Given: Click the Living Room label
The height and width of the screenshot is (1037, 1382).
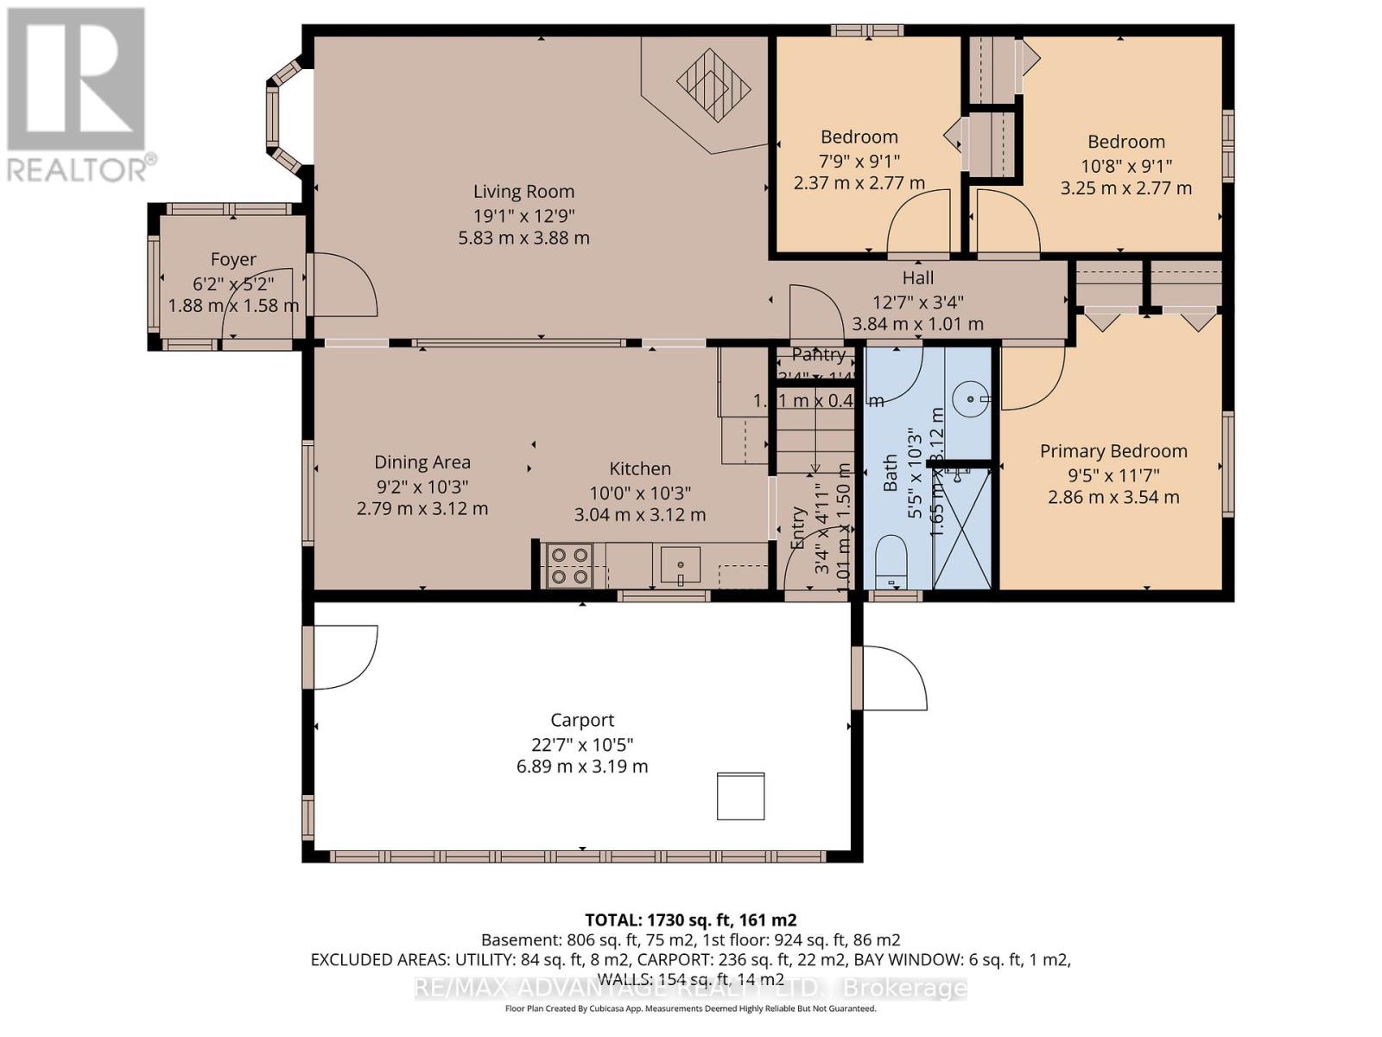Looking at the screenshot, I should click(523, 192).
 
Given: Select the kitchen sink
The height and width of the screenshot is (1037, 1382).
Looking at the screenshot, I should click(681, 565).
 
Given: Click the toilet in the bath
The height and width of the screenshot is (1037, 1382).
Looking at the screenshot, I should click(891, 560).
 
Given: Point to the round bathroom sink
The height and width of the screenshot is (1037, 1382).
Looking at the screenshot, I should click(971, 399).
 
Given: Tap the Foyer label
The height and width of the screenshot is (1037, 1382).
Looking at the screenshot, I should click(233, 259).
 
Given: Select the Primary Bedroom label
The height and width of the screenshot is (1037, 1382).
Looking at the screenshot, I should click(1113, 451).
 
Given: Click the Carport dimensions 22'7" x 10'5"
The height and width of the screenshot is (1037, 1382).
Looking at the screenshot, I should click(582, 744).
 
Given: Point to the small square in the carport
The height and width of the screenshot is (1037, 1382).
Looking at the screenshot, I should click(740, 796).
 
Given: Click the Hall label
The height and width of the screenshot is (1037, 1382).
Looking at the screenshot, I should click(918, 278).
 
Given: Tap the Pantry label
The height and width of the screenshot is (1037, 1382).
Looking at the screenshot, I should click(818, 355).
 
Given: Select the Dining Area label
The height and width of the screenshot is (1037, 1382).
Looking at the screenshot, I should click(422, 463).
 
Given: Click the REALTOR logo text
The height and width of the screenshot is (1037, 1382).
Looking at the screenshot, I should click(81, 169).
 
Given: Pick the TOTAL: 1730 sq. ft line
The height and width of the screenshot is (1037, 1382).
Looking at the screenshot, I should click(691, 920).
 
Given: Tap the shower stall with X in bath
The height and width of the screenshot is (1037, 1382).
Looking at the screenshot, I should click(963, 528).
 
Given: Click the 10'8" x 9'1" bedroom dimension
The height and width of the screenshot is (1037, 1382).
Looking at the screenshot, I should click(1126, 165).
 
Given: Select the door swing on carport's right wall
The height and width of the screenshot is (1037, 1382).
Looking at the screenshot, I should click(894, 678).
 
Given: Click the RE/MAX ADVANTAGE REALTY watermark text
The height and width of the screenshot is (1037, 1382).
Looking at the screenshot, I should click(691, 988).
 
